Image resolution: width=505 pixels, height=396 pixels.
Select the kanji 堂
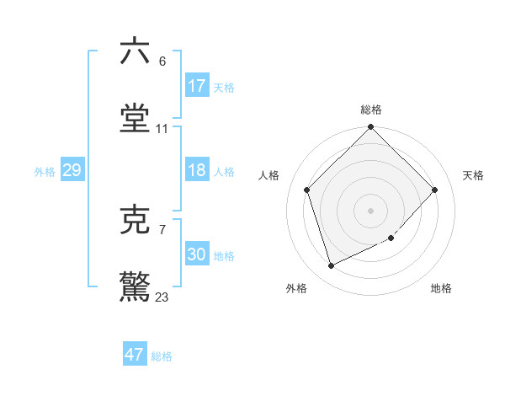click(135, 119)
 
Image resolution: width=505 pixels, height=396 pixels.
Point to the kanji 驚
click(135, 286)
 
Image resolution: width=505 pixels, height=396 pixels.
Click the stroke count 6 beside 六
click(162, 61)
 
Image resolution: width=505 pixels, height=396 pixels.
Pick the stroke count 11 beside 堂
click(162, 129)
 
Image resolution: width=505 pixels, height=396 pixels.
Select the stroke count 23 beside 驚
click(162, 297)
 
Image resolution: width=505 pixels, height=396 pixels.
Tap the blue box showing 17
click(197, 86)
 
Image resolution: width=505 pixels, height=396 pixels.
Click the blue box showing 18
click(197, 171)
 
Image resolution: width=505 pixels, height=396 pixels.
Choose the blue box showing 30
click(197, 254)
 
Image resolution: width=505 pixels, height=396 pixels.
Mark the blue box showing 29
click(72, 171)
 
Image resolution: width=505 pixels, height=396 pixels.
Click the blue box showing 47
click(135, 355)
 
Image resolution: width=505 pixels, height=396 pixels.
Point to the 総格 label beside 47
click(162, 356)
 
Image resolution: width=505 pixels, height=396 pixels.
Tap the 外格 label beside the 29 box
click(45, 172)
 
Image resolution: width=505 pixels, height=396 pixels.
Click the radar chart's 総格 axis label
click(371, 110)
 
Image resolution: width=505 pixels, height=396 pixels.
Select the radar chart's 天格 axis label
click(474, 175)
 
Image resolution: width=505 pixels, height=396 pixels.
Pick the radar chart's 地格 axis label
click(441, 289)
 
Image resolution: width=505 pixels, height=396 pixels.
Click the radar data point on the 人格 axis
click(307, 190)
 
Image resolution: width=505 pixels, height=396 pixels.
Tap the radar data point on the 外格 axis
click(332, 266)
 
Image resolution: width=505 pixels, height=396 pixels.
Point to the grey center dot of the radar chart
click(371, 210)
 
